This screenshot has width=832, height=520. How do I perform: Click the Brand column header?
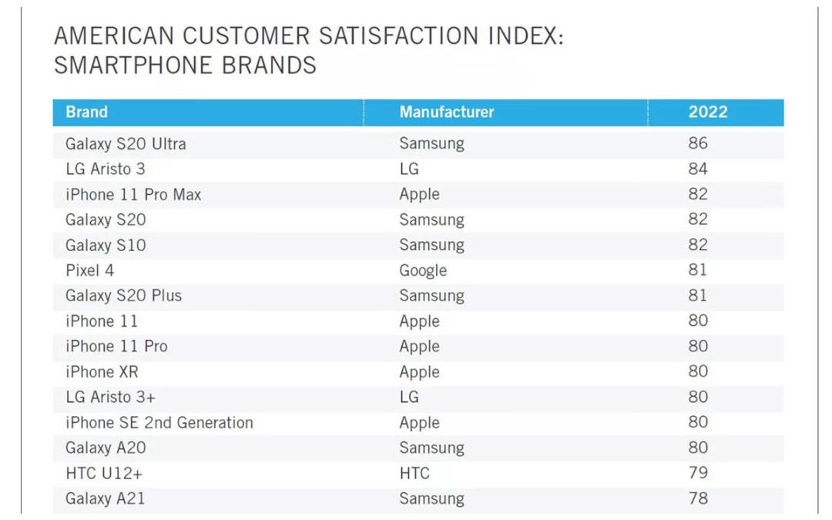click(x=86, y=112)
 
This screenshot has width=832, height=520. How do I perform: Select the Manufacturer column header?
click(x=446, y=112)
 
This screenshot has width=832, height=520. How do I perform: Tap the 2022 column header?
click(x=708, y=112)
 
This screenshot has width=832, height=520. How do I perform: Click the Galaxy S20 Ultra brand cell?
click(x=126, y=144)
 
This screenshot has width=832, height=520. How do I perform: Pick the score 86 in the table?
click(x=698, y=143)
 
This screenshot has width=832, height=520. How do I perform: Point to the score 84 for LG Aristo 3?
click(x=698, y=168)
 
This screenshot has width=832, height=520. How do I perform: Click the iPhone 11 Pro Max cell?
click(x=133, y=194)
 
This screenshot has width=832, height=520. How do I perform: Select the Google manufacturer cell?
click(x=423, y=270)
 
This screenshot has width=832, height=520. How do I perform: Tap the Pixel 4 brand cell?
click(x=89, y=270)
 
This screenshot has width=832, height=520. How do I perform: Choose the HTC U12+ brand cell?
click(x=104, y=473)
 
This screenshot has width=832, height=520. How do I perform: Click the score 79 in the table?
click(x=698, y=472)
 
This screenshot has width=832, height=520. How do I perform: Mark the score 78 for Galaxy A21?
click(x=698, y=498)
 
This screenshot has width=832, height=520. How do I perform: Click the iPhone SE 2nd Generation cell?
click(x=159, y=422)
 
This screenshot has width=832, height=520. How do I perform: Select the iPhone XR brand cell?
click(x=102, y=371)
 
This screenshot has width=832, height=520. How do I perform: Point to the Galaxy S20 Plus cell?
click(x=123, y=296)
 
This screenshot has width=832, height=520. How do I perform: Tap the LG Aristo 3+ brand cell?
click(x=110, y=397)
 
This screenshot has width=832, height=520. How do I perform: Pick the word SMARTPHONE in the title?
click(x=133, y=65)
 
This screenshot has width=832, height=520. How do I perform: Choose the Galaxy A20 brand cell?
click(x=106, y=448)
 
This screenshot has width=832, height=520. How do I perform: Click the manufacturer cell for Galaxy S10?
click(x=432, y=245)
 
